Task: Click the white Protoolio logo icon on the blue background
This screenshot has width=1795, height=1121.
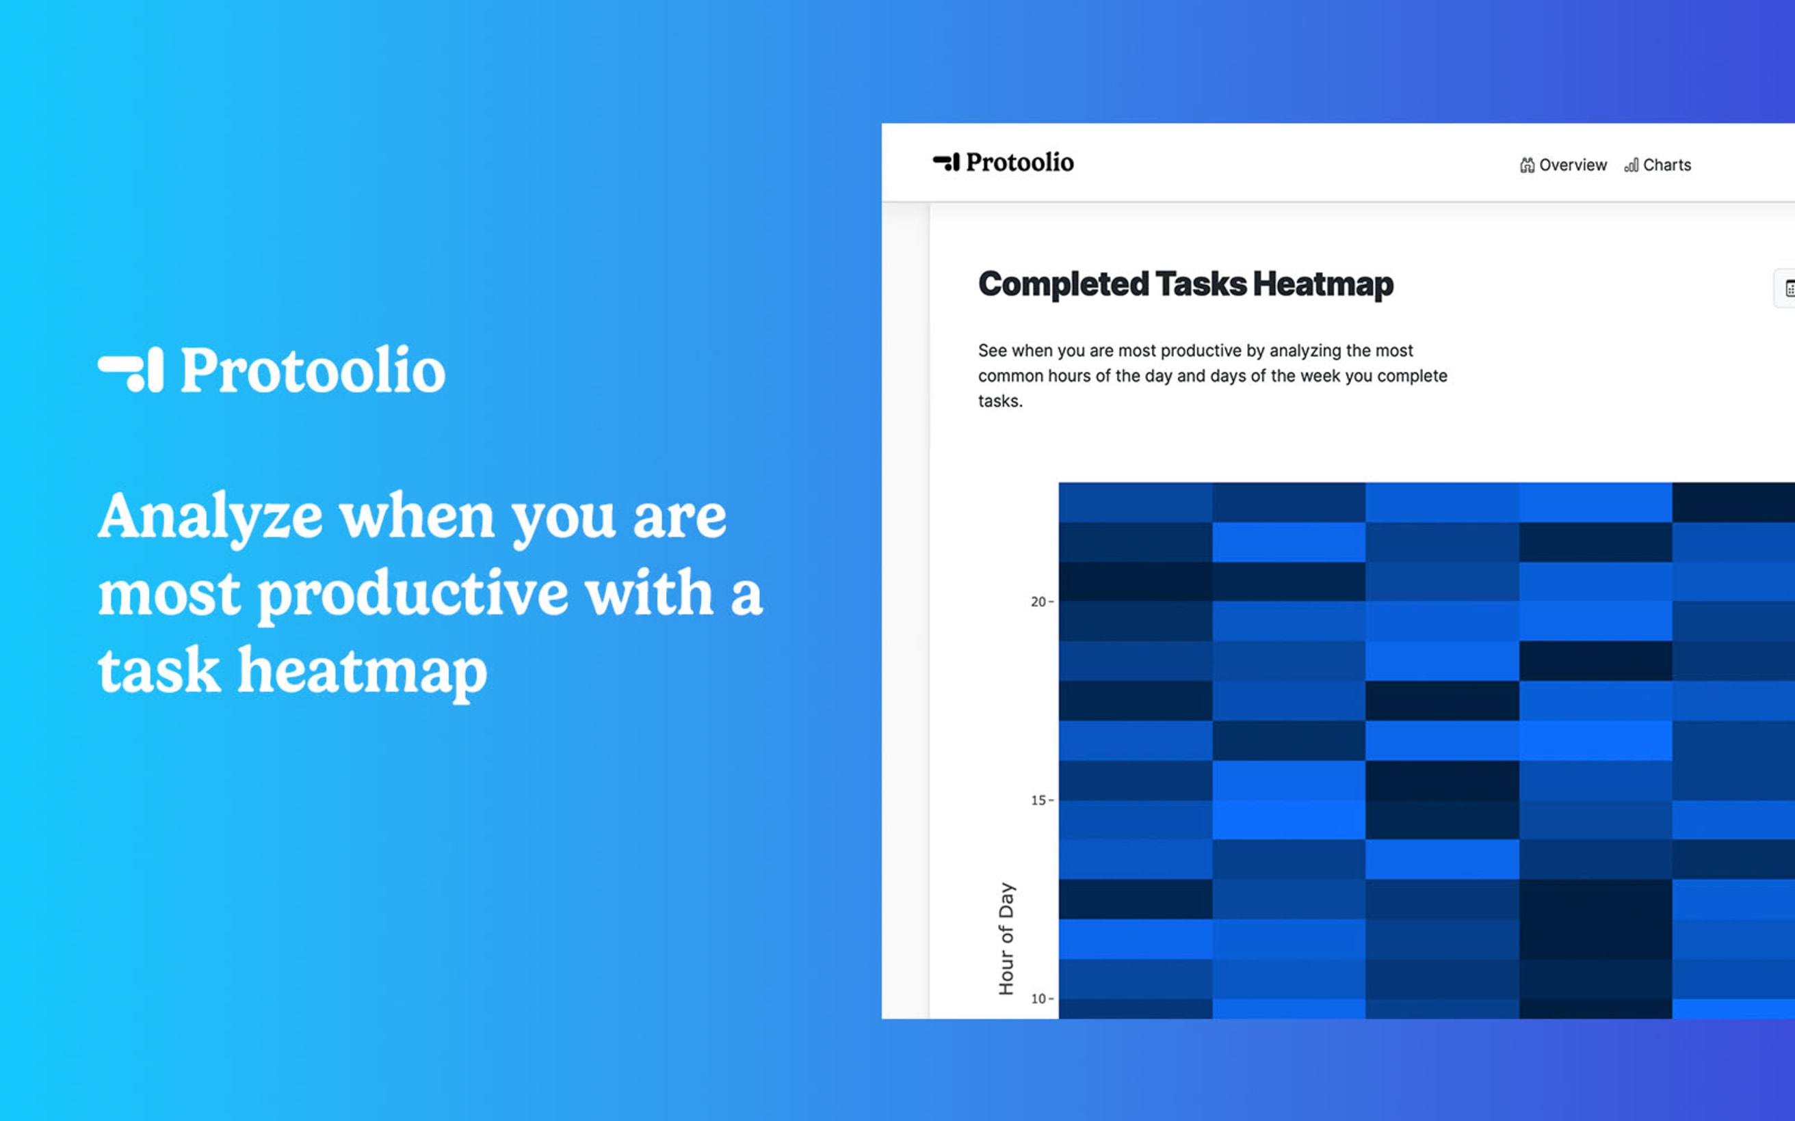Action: [x=131, y=369]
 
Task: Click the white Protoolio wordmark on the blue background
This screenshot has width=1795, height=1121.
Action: [x=313, y=369]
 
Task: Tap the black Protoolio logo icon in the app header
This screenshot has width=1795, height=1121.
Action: [x=945, y=161]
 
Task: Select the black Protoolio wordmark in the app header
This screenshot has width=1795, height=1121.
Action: [x=1019, y=161]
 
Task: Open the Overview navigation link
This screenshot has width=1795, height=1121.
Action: [x=1573, y=165]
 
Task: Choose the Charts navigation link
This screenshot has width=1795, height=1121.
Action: [x=1666, y=165]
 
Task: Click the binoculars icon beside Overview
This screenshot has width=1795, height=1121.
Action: [x=1526, y=165]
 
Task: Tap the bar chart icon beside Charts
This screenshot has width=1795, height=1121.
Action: [x=1631, y=165]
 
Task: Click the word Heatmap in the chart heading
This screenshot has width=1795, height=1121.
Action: [x=1323, y=284]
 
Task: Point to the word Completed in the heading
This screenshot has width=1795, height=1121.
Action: [x=1064, y=284]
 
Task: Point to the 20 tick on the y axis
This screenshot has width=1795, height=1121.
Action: [x=1038, y=602]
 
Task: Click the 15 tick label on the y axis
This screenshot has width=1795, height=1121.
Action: [x=1038, y=800]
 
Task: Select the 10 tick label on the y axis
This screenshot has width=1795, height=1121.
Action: [x=1038, y=999]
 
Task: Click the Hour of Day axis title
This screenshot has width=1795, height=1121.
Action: [x=1006, y=938]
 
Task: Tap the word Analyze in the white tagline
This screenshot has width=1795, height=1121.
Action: [x=211, y=517]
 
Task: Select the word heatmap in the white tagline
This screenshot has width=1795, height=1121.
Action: [x=362, y=671]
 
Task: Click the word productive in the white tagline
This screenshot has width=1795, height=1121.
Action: [x=412, y=594]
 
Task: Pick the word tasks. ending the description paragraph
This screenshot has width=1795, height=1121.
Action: [x=1000, y=401]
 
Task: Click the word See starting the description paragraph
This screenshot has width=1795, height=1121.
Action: [x=992, y=351]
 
